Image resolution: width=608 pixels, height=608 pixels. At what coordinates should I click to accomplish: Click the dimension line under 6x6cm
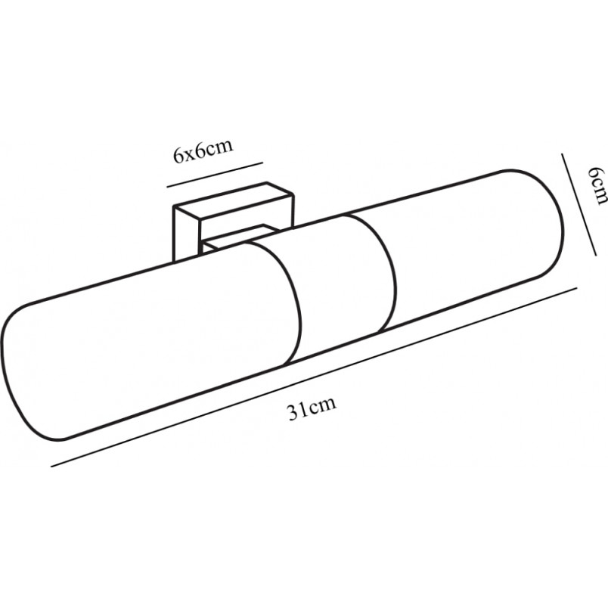click(216, 175)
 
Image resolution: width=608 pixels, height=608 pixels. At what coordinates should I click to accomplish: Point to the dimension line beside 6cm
click(579, 204)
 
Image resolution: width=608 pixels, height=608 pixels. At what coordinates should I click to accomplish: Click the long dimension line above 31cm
click(315, 377)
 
